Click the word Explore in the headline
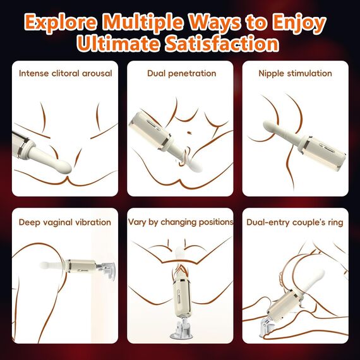click(x=61, y=23)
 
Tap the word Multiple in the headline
click(x=143, y=23)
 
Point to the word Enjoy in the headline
click(x=299, y=23)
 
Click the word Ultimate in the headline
click(x=117, y=43)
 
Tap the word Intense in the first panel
click(x=34, y=73)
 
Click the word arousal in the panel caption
click(x=97, y=73)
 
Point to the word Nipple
click(x=272, y=74)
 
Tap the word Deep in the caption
click(x=28, y=223)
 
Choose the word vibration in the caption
click(x=93, y=222)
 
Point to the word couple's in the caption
click(x=305, y=223)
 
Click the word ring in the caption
click(x=335, y=223)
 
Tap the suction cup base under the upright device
click(x=181, y=328)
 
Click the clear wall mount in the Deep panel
click(x=106, y=271)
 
